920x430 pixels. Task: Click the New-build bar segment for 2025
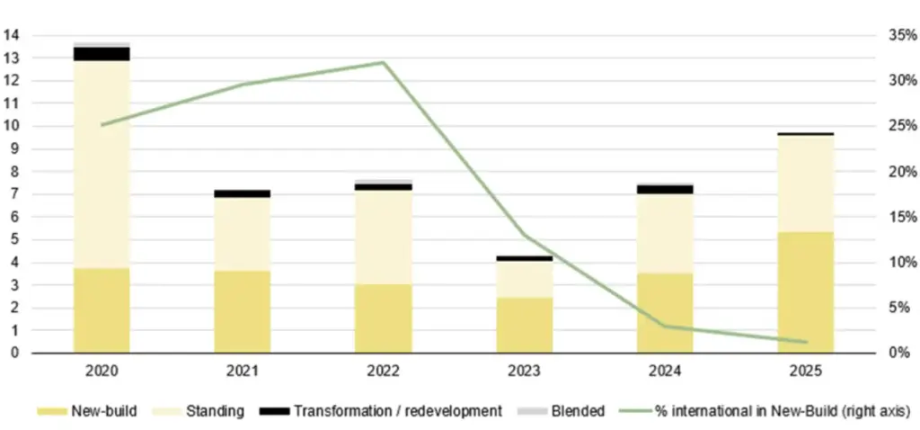pyautogui.click(x=806, y=292)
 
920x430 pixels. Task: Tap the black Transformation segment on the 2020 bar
pyautogui.click(x=102, y=54)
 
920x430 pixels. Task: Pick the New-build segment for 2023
pyautogui.click(x=524, y=325)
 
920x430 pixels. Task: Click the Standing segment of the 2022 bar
pyautogui.click(x=383, y=237)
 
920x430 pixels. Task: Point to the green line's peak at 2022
pyautogui.click(x=383, y=62)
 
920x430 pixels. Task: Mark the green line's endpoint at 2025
pyautogui.click(x=806, y=342)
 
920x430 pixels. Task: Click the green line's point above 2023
pyautogui.click(x=524, y=235)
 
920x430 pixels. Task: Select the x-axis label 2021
pyautogui.click(x=243, y=370)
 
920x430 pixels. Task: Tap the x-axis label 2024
pyautogui.click(x=665, y=370)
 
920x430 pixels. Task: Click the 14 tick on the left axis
pyautogui.click(x=12, y=36)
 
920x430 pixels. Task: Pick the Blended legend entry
pyautogui.click(x=562, y=411)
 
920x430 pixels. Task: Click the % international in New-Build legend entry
pyautogui.click(x=765, y=411)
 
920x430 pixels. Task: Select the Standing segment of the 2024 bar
pyautogui.click(x=665, y=233)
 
